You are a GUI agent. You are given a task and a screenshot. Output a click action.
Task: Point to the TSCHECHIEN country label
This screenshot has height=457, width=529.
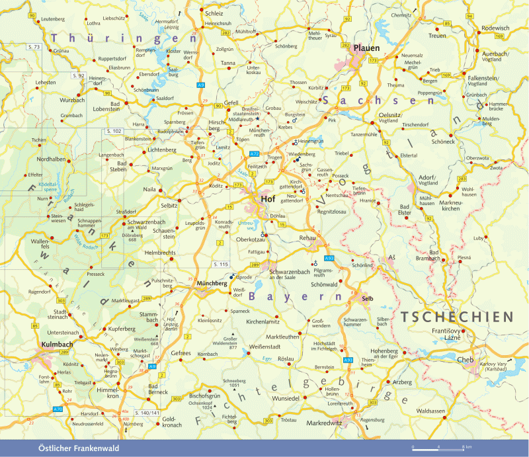(x=456, y=317)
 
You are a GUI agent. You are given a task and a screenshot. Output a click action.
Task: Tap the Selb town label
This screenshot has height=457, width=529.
(x=368, y=299)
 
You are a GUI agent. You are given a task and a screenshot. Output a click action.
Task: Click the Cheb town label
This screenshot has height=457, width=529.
(x=466, y=360)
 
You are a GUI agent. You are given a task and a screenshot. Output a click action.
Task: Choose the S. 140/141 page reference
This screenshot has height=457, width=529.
(x=147, y=413)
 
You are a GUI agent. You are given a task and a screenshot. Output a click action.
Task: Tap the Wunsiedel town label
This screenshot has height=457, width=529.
(x=286, y=399)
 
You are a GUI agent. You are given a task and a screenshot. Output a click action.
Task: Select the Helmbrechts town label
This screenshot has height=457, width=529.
(x=159, y=252)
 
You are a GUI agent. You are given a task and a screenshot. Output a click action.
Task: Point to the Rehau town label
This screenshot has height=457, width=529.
(x=307, y=237)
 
